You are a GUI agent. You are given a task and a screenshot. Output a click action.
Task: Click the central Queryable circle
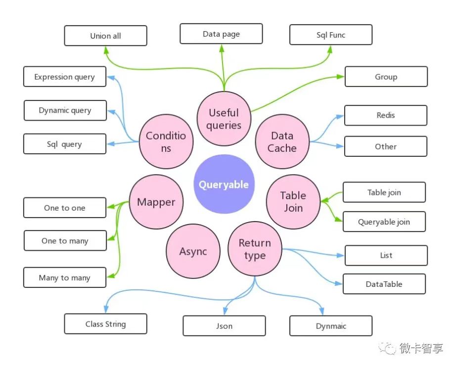[x=224, y=184]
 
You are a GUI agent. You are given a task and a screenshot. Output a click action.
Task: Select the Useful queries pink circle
[x=224, y=119]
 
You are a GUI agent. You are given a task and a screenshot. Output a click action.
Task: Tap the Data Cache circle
[x=282, y=142]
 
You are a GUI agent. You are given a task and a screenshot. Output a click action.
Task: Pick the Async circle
[x=193, y=251]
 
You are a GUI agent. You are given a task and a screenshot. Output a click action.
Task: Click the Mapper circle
[x=156, y=202]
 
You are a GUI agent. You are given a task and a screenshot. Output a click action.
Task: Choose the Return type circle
[x=255, y=249]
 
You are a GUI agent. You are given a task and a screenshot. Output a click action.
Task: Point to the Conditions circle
[x=166, y=142]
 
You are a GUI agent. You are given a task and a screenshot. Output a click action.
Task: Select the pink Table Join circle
[x=293, y=202]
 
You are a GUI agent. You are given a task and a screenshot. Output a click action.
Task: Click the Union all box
[x=105, y=36]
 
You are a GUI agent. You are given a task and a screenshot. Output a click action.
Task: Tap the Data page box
[x=221, y=34]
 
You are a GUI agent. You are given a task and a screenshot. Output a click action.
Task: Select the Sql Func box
[x=330, y=35]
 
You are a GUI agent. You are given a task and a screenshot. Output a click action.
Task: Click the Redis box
[x=385, y=115]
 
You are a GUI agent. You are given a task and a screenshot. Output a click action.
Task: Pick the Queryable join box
[x=384, y=222]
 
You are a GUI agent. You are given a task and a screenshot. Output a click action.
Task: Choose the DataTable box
[x=384, y=284]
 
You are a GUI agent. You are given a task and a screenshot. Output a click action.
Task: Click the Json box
[x=224, y=326]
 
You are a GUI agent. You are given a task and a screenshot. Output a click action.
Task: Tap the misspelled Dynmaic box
[x=330, y=326]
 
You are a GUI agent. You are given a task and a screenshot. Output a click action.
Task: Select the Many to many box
[x=64, y=277]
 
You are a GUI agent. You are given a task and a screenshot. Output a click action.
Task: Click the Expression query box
[x=64, y=77]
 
